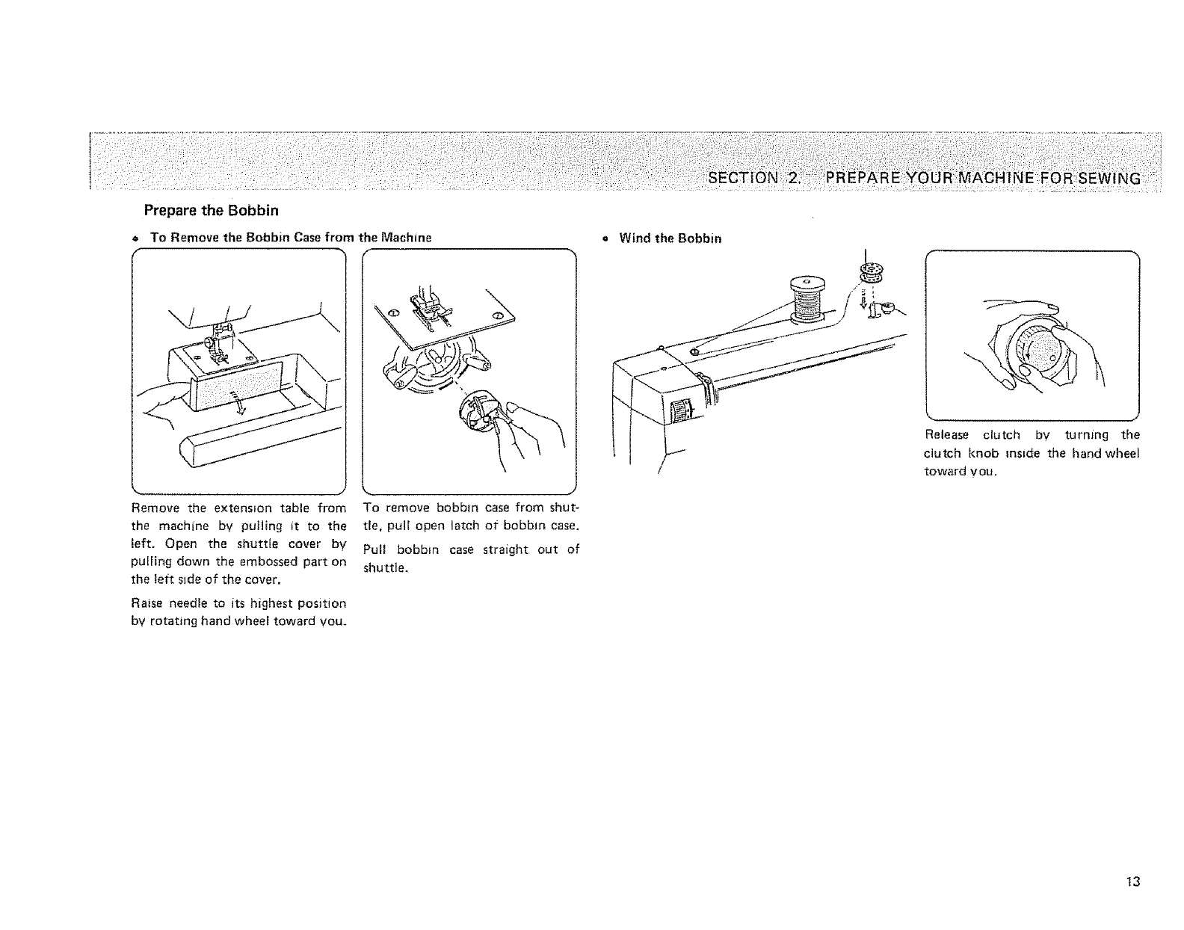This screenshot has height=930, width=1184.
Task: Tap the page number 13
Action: (x=1133, y=881)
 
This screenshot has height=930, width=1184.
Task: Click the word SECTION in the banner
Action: (x=744, y=178)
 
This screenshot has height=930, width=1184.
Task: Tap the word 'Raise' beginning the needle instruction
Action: (x=145, y=603)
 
